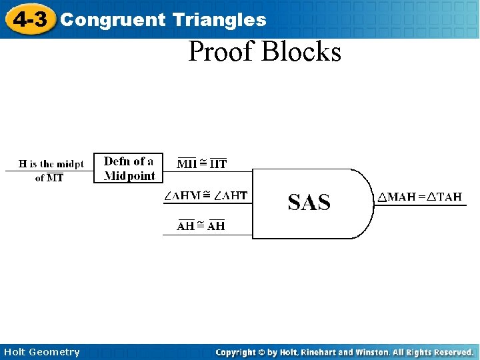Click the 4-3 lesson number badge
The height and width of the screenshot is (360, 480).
30,19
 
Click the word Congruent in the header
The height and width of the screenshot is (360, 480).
112,20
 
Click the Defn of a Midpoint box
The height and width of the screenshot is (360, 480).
129,169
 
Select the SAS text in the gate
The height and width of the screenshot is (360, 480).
309,202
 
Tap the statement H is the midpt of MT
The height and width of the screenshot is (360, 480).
51,171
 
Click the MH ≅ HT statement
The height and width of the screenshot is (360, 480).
202,163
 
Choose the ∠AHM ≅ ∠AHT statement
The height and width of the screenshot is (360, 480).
206,195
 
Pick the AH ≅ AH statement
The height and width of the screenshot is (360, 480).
201,226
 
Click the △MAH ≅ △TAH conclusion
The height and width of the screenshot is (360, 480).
419,197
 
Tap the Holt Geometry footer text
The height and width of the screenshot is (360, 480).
41,352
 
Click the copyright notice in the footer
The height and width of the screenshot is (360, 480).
344,352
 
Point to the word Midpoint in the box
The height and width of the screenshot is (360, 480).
130,176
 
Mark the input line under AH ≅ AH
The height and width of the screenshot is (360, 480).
207,235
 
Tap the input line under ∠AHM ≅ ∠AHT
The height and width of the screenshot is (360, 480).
207,203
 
